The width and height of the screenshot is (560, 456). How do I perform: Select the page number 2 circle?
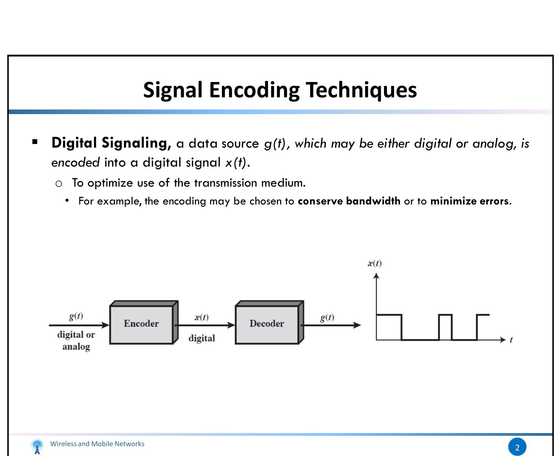[517, 447]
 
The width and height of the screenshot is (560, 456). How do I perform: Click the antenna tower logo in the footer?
[37, 447]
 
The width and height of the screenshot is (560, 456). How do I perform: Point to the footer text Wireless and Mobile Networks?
[97, 444]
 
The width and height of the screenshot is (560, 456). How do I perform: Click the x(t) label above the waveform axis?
[375, 263]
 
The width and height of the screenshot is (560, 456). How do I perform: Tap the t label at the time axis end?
[511, 340]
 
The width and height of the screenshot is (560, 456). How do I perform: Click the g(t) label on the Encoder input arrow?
[76, 316]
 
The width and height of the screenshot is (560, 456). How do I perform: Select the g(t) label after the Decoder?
[327, 317]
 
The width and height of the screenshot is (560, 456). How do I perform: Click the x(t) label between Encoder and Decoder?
[201, 317]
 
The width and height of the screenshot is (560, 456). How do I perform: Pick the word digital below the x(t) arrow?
[201, 338]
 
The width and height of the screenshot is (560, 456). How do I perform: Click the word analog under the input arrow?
[76, 347]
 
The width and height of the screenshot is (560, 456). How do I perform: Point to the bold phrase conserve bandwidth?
[349, 201]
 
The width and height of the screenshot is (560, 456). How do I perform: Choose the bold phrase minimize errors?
[469, 201]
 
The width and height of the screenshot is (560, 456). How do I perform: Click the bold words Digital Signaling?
[111, 143]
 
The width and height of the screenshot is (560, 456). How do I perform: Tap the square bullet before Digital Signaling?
[35, 142]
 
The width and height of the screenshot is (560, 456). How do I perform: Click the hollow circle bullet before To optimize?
[59, 184]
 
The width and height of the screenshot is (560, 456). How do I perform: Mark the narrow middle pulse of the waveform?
[445, 315]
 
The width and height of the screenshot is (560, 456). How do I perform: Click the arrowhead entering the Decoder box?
[231, 325]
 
